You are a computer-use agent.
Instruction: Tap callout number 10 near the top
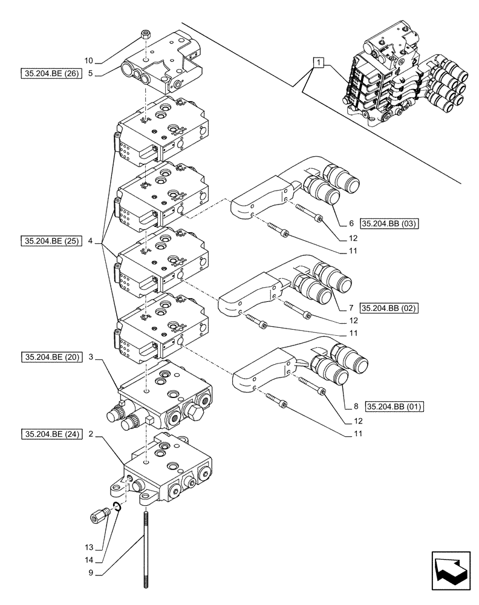(89, 60)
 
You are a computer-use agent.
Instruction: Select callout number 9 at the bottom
(90, 570)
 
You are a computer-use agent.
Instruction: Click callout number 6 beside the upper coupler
(350, 223)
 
